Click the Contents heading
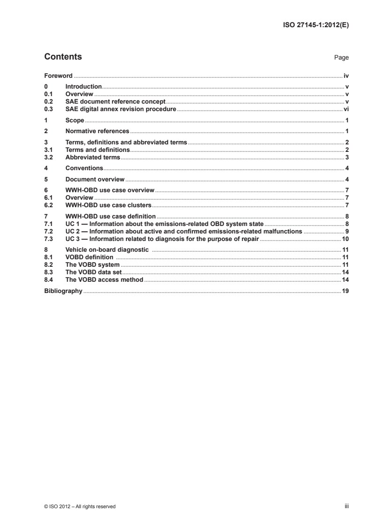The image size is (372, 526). [x=63, y=57]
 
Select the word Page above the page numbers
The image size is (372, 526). [x=341, y=58]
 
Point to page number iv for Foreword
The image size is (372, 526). [x=345, y=75]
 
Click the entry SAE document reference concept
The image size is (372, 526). [x=115, y=101]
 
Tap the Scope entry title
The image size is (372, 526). [x=75, y=120]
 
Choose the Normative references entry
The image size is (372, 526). [x=97, y=131]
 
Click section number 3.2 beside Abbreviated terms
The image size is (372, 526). [x=48, y=157]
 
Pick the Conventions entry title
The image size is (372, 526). [x=84, y=167]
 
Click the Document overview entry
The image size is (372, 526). [x=94, y=179]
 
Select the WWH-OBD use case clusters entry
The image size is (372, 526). [x=108, y=205]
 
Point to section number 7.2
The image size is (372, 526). [x=48, y=231]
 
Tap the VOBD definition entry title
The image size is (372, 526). [x=89, y=257]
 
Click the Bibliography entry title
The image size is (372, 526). [x=63, y=291]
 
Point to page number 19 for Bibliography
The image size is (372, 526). [x=345, y=291]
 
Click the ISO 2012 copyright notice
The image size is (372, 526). [x=80, y=506]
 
